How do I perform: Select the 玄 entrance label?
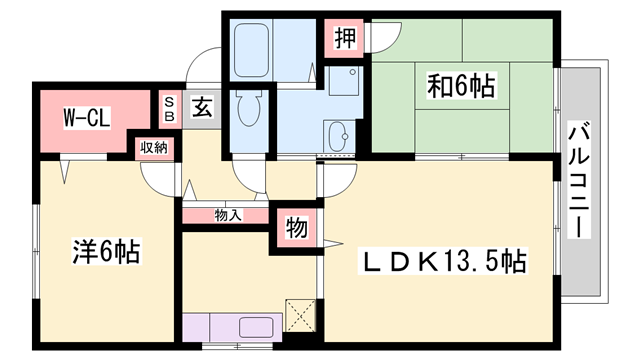[200, 107]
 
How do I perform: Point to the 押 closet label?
[343, 38]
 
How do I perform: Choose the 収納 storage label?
[153, 148]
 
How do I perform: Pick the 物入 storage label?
[228, 214]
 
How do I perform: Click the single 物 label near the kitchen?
[297, 228]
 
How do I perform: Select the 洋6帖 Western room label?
[105, 250]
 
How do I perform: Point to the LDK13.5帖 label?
[444, 262]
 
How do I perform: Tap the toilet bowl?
[248, 110]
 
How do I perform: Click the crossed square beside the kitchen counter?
[300, 315]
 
